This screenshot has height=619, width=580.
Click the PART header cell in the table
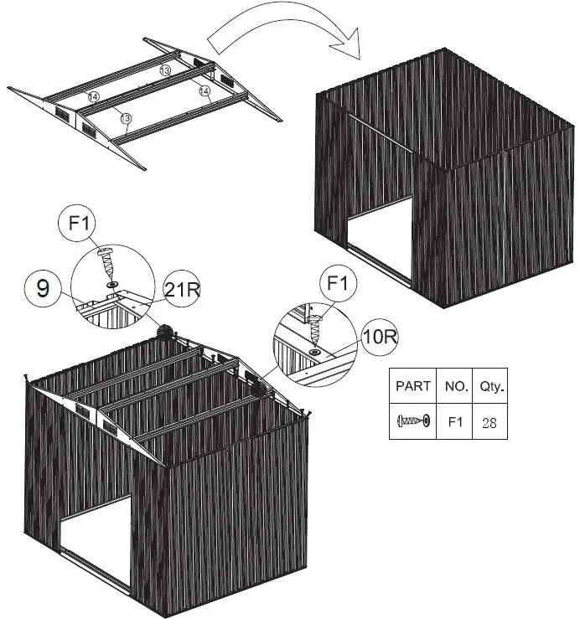[x=413, y=386]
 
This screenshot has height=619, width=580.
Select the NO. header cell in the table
[x=455, y=386]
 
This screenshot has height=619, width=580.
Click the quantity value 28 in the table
[x=489, y=422]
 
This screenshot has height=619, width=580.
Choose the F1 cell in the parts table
[x=455, y=422]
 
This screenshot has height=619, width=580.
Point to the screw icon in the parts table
[x=413, y=422]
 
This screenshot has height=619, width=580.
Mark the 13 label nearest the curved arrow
[x=166, y=71]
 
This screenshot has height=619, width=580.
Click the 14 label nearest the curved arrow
[x=204, y=90]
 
